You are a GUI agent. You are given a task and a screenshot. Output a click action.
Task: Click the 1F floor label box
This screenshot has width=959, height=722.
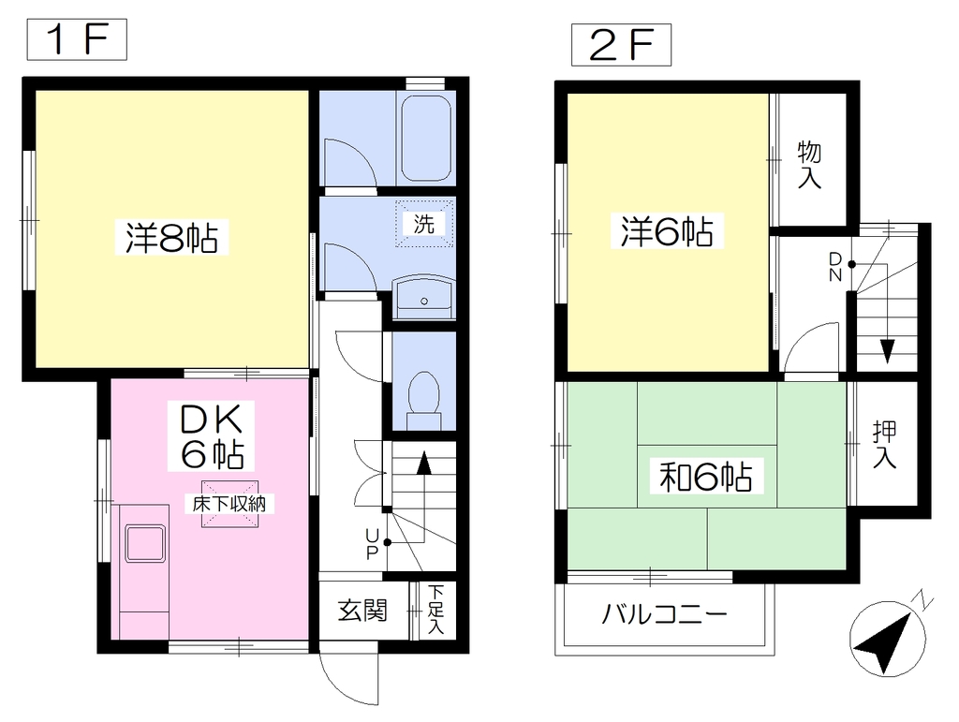[77, 39]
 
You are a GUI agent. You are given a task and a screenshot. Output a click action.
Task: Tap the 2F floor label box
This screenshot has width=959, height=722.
[622, 45]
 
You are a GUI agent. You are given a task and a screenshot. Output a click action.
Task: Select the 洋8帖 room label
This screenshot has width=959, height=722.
[172, 237]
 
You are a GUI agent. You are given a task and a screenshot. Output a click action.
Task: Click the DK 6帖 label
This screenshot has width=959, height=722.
[212, 435]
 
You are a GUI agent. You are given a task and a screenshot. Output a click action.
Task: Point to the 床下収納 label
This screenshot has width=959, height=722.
[229, 504]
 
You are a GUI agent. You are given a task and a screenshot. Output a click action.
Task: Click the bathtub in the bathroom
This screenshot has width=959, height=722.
[426, 139]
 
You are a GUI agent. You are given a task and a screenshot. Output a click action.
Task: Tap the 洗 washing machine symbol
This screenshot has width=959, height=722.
[424, 224]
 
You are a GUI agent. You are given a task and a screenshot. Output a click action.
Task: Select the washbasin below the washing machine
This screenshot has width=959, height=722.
[424, 298]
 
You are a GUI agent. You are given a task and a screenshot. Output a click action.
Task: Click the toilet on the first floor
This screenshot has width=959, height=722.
[424, 401]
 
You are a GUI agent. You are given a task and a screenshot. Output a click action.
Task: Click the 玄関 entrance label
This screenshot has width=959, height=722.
[362, 611]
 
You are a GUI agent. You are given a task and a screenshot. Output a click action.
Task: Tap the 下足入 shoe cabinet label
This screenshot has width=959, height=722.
[436, 610]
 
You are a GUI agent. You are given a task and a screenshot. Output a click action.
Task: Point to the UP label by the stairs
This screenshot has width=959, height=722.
[372, 544]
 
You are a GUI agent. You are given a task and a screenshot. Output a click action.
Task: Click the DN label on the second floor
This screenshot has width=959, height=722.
[835, 267]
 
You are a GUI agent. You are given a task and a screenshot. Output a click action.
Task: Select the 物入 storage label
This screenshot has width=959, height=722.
[809, 165]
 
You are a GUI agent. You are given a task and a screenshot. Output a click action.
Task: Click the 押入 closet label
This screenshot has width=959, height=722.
[884, 445]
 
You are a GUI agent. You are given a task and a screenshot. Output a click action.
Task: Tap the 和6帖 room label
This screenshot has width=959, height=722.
[706, 477]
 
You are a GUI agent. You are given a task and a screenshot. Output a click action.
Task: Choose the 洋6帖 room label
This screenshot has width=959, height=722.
[667, 231]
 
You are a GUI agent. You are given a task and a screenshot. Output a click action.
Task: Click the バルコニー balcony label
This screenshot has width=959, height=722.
[665, 613]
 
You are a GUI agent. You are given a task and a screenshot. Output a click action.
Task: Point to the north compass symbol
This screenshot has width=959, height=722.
[889, 639]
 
